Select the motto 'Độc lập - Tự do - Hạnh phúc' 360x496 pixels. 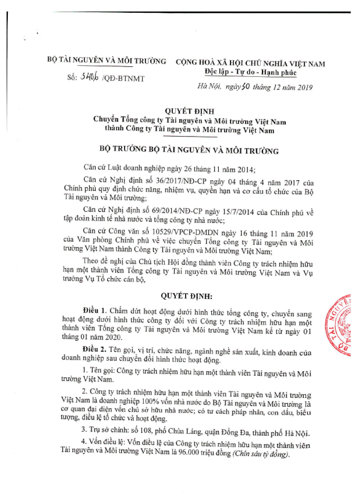(250, 72)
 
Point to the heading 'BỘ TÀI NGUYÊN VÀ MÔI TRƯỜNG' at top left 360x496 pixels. (107, 62)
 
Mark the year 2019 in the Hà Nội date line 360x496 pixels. (305, 87)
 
